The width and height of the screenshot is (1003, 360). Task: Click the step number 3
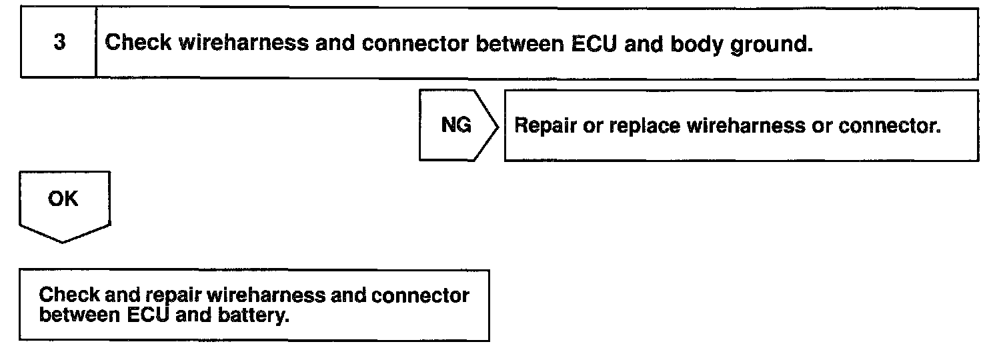(x=59, y=42)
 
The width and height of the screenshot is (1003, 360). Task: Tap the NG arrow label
(x=456, y=125)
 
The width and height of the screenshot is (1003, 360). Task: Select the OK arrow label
(x=63, y=199)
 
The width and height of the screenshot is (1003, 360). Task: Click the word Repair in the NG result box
(x=545, y=126)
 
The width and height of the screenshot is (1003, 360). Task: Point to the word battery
(x=253, y=315)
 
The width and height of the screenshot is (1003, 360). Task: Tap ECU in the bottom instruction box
(x=149, y=315)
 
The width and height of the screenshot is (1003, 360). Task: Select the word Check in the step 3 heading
(x=138, y=43)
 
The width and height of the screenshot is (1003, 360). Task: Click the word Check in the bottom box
(x=69, y=295)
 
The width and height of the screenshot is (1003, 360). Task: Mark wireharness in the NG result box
(x=746, y=126)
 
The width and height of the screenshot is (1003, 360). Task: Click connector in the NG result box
(x=890, y=126)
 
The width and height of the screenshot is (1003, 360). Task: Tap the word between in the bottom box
(x=80, y=315)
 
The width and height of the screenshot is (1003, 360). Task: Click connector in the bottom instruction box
(x=420, y=296)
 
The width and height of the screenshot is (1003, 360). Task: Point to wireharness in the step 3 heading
(x=243, y=43)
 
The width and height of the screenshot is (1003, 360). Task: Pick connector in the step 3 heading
(x=415, y=44)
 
